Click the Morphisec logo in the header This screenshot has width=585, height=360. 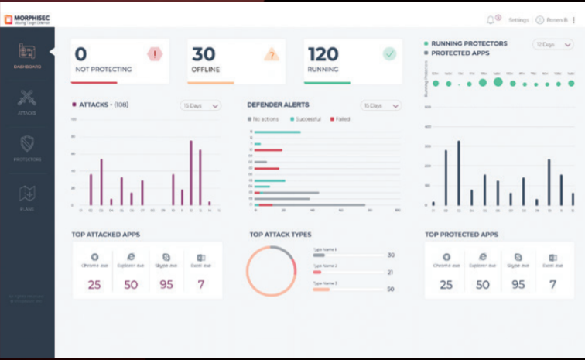click(x=28, y=19)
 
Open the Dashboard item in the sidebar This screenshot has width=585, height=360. click(x=27, y=54)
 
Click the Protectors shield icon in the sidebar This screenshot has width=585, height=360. click(x=27, y=145)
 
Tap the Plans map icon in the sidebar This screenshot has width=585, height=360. click(x=27, y=194)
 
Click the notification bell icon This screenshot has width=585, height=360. click(x=491, y=19)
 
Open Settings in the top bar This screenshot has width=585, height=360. click(x=518, y=19)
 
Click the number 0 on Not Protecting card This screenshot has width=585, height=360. click(x=80, y=54)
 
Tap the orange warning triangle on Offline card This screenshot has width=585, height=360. click(x=270, y=54)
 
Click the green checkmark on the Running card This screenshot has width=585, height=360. click(x=389, y=53)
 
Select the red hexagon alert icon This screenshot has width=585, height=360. click(x=154, y=53)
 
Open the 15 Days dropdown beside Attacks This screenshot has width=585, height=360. click(x=200, y=105)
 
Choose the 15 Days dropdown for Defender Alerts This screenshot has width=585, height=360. click(x=381, y=105)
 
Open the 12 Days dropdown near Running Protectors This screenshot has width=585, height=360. click(x=552, y=44)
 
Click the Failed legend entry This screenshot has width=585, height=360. click(x=340, y=119)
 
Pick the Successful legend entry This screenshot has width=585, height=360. click(x=306, y=119)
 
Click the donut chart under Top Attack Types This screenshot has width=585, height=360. click(x=272, y=272)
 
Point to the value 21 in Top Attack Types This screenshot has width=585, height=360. click(x=390, y=272)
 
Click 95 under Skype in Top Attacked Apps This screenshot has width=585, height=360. click(x=166, y=284)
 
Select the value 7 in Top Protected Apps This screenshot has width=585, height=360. click(x=552, y=284)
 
